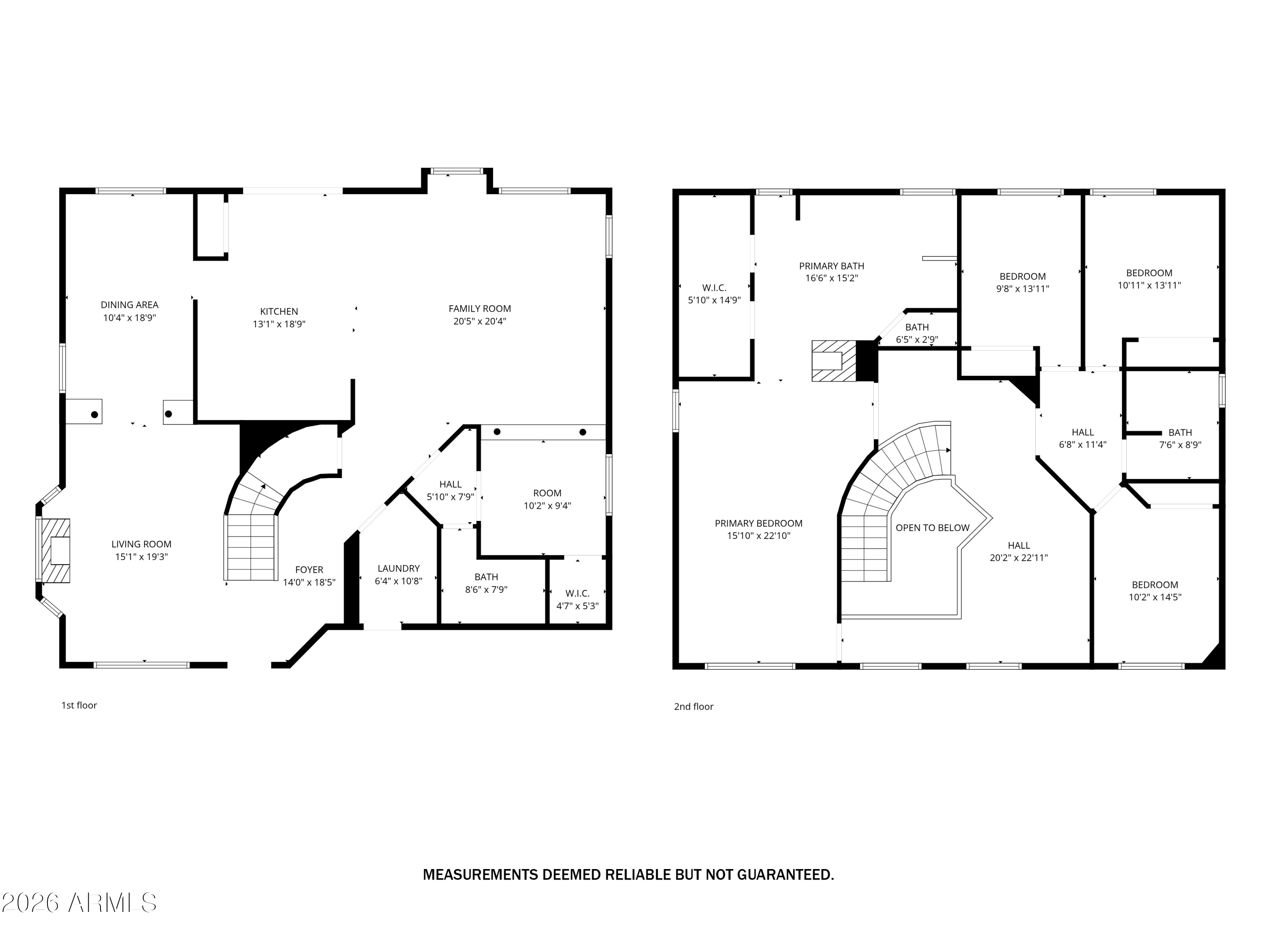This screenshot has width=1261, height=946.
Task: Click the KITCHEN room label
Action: pyautogui.click(x=279, y=312)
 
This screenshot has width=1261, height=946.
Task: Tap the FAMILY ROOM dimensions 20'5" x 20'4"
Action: pyautogui.click(x=480, y=321)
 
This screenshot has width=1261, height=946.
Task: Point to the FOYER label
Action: pyautogui.click(x=309, y=570)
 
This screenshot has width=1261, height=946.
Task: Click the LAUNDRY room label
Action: pyautogui.click(x=398, y=568)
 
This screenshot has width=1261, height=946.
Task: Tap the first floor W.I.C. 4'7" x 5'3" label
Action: pyautogui.click(x=577, y=599)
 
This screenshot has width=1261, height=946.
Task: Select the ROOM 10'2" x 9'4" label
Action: pyautogui.click(x=547, y=499)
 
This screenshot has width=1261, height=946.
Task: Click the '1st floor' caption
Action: pyautogui.click(x=79, y=706)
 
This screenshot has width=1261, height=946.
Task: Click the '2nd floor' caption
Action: pyautogui.click(x=693, y=706)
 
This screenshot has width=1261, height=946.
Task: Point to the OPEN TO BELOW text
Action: pyautogui.click(x=932, y=528)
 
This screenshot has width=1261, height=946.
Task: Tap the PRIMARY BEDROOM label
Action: pyautogui.click(x=758, y=523)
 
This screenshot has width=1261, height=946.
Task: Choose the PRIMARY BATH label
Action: pyautogui.click(x=831, y=266)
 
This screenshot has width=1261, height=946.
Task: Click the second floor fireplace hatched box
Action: pyautogui.click(x=834, y=361)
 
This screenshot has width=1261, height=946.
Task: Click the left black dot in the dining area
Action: pyautogui.click(x=95, y=415)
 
